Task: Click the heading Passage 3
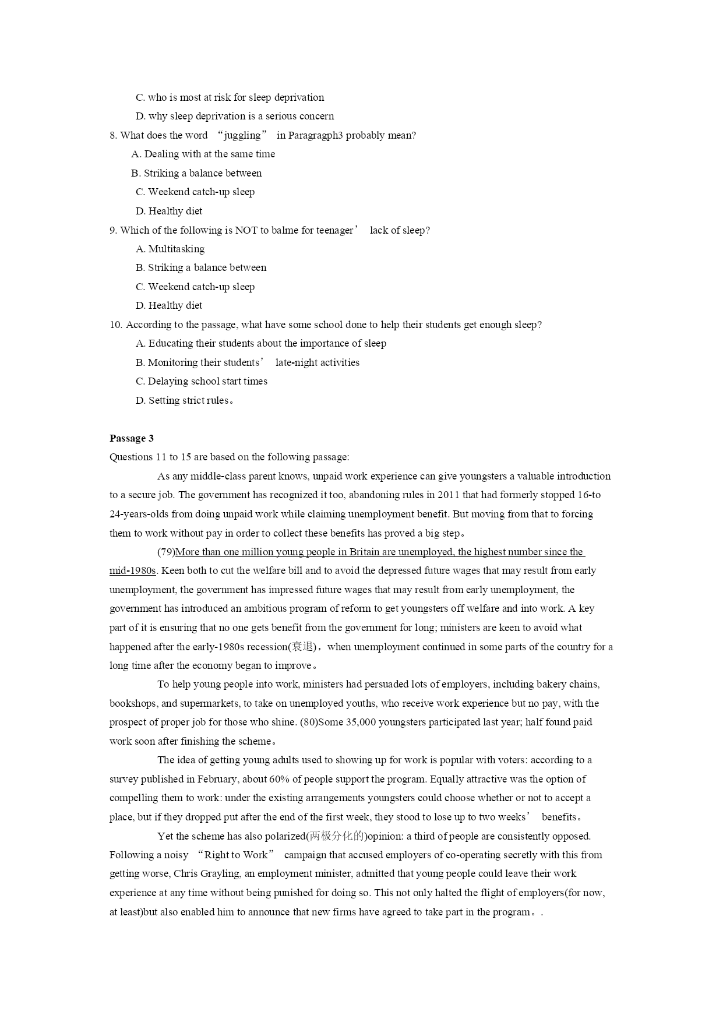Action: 132,438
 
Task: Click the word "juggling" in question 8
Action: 242,135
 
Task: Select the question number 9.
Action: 113,230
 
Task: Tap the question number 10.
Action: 115,325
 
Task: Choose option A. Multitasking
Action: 170,249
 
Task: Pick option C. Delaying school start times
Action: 202,381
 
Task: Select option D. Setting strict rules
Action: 184,400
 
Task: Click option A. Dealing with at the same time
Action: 203,154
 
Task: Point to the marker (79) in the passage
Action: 166,552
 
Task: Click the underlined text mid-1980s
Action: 132,570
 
